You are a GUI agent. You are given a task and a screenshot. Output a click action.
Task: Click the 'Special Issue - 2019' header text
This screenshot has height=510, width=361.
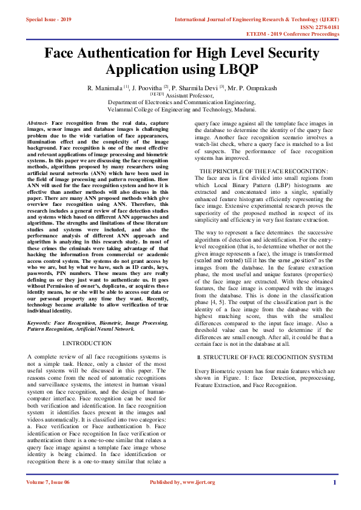point(49,19)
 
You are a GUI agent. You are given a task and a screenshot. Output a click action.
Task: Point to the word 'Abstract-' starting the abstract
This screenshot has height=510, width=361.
point(39,123)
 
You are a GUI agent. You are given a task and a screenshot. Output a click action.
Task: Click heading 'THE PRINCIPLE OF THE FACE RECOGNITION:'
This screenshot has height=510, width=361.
point(263,171)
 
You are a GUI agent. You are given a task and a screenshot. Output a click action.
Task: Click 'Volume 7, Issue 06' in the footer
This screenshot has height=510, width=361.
point(48,482)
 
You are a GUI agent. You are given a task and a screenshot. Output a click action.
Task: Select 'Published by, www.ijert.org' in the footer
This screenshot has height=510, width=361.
point(182,482)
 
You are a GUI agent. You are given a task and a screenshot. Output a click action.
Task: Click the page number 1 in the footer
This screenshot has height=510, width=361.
point(334,482)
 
